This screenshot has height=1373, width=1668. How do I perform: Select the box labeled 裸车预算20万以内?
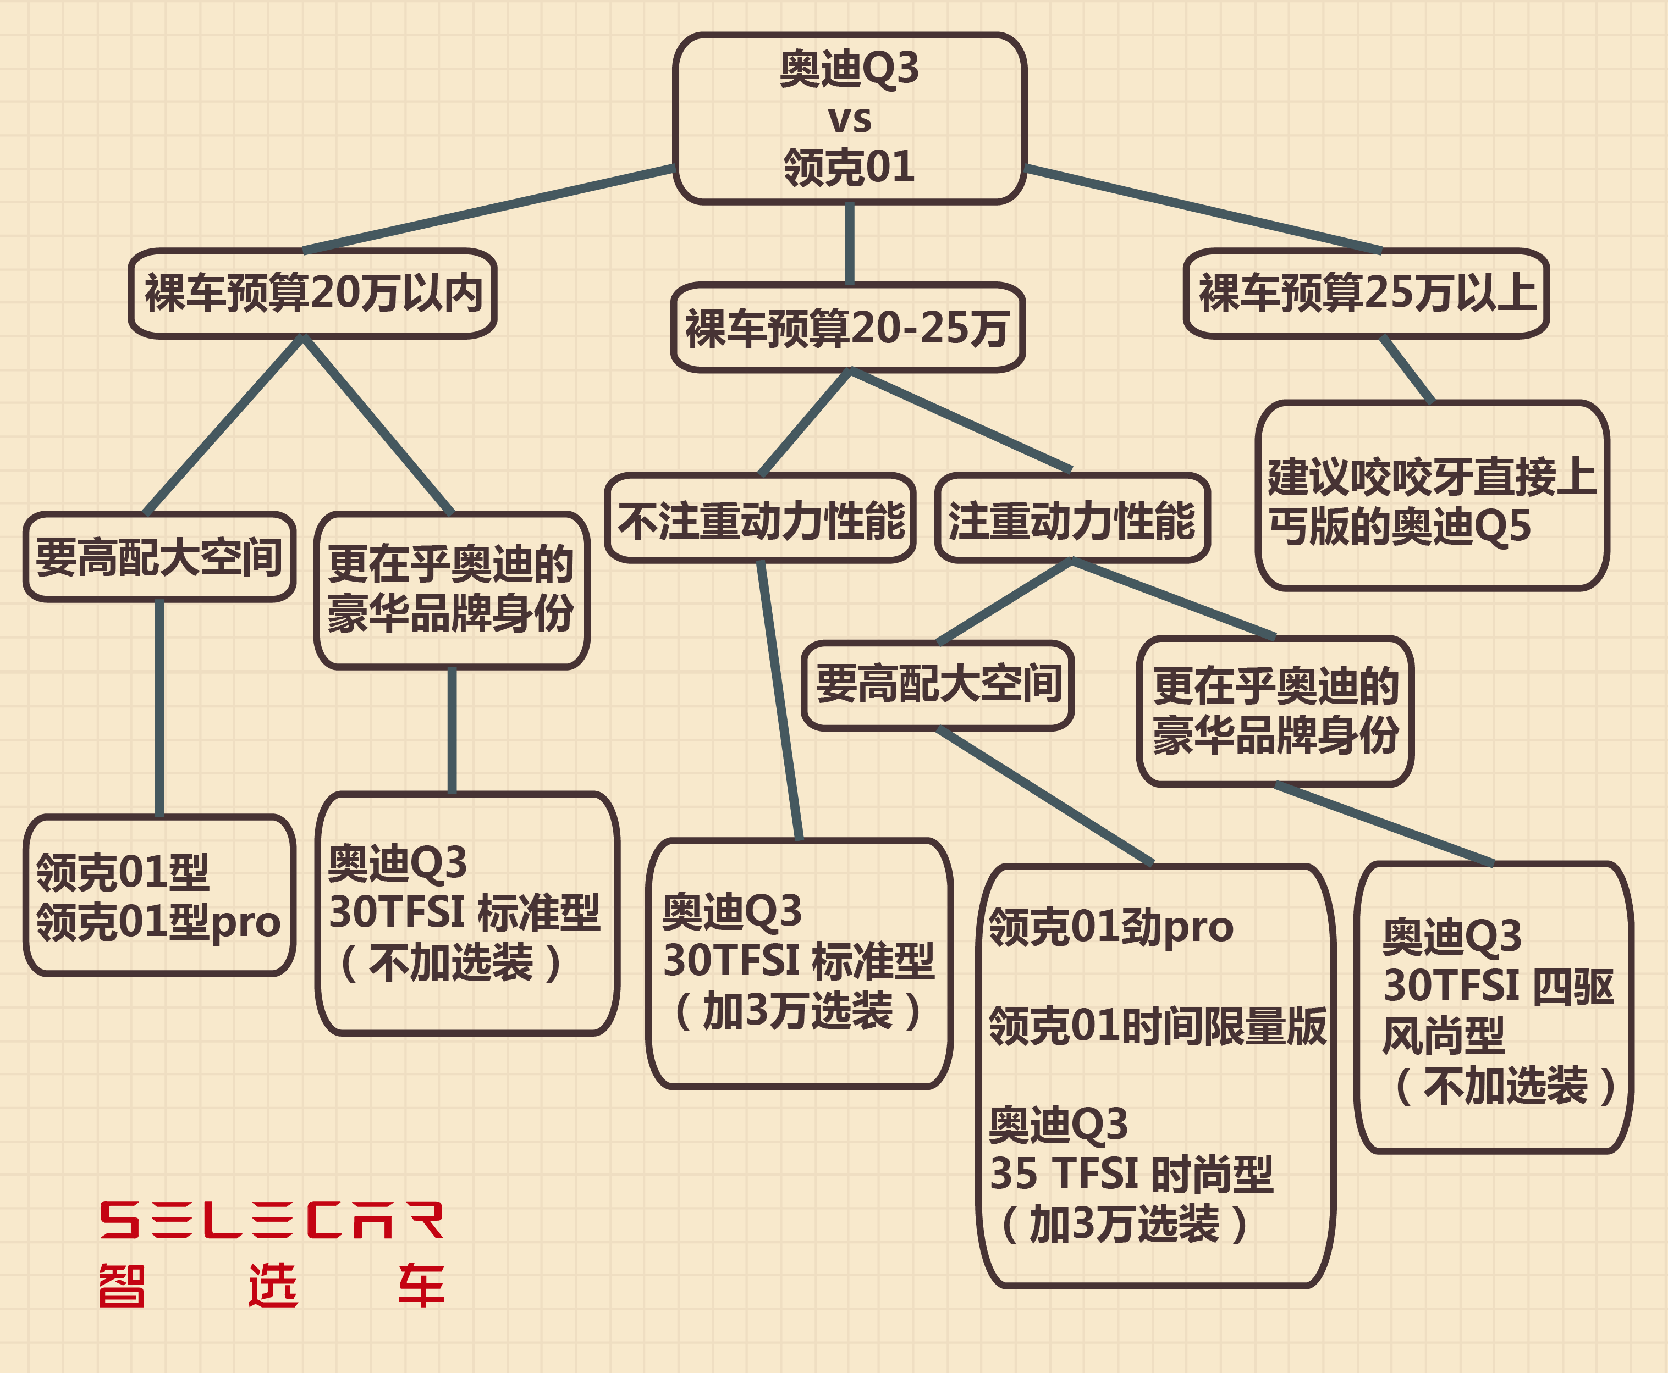tap(312, 294)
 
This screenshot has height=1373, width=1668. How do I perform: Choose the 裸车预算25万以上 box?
tap(1367, 294)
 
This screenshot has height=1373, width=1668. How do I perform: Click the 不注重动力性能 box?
tap(761, 518)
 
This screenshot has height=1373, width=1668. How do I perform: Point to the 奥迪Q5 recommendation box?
tap(1432, 496)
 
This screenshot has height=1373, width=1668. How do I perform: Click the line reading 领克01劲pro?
tap(1111, 927)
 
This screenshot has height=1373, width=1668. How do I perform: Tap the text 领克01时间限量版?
tap(1157, 1026)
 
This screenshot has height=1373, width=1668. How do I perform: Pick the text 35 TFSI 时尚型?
tap(1131, 1173)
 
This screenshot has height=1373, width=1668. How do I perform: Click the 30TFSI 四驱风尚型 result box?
tap(1494, 1007)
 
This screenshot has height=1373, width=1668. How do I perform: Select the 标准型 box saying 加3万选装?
tap(799, 964)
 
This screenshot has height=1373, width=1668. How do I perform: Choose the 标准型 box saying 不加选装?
tap(467, 914)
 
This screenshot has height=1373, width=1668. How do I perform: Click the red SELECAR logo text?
tap(272, 1220)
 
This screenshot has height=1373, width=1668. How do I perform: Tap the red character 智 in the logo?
tap(122, 1285)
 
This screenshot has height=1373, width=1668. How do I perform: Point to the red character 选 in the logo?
tap(272, 1285)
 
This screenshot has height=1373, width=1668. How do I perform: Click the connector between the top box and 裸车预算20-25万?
tap(849, 243)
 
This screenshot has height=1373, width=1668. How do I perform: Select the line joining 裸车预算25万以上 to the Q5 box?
tap(1407, 369)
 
